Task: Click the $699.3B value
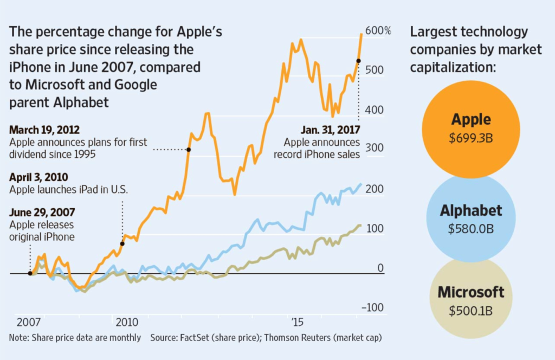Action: [470, 138]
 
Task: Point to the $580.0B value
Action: [470, 229]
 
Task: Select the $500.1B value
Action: [470, 311]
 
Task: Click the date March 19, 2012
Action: [44, 130]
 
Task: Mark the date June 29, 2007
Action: [42, 212]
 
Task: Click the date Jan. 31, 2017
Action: [330, 130]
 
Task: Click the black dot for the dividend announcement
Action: [189, 150]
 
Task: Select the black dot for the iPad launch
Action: [122, 243]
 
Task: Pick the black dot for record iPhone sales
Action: [358, 61]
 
